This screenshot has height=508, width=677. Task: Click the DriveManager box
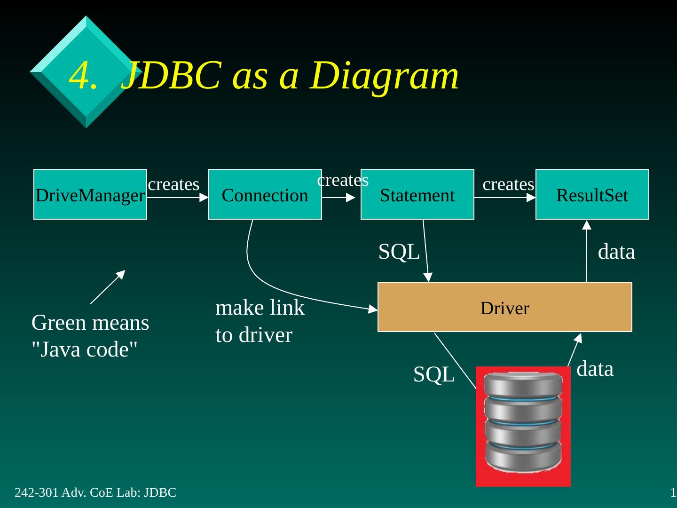pyautogui.click(x=90, y=194)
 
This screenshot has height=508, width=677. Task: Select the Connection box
pyautogui.click(x=265, y=194)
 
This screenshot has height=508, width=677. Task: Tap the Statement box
pyautogui.click(x=417, y=194)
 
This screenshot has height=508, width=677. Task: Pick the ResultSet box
pyautogui.click(x=592, y=194)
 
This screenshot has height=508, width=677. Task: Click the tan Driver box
pyautogui.click(x=504, y=307)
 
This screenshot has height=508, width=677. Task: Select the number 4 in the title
pyautogui.click(x=80, y=76)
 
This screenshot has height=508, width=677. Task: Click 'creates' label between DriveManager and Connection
pyautogui.click(x=173, y=184)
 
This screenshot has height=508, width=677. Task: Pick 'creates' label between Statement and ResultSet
pyautogui.click(x=508, y=184)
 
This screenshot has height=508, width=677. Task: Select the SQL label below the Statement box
pyautogui.click(x=399, y=252)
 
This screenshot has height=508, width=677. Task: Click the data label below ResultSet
pyautogui.click(x=616, y=252)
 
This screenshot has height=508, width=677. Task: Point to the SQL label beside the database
pyautogui.click(x=433, y=375)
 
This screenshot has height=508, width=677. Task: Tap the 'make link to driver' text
pyautogui.click(x=260, y=321)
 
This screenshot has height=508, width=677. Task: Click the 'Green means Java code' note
pyautogui.click(x=90, y=336)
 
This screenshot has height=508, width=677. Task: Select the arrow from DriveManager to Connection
pyautogui.click(x=177, y=198)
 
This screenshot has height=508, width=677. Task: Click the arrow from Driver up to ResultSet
pyautogui.click(x=587, y=252)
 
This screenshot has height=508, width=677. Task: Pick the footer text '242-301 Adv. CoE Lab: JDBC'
pyautogui.click(x=95, y=492)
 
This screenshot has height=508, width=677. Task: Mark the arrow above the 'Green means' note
pyautogui.click(x=108, y=287)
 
